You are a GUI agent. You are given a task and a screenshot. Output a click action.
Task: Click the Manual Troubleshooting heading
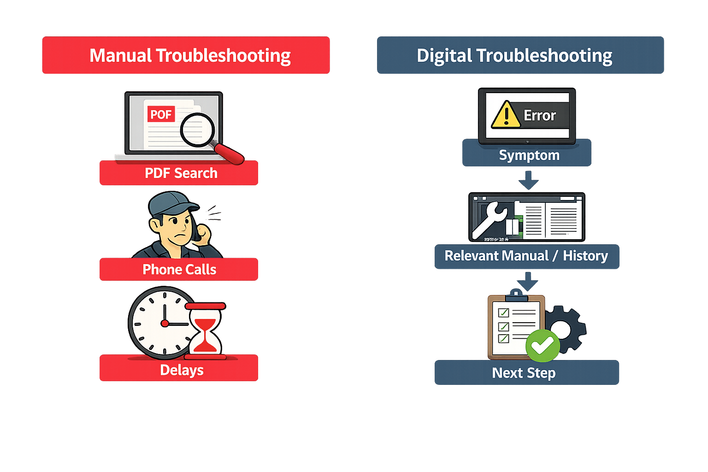tap(186, 55)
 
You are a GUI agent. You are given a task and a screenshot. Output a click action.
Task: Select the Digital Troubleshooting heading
tap(520, 55)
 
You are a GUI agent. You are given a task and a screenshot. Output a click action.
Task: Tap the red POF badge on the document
tap(161, 114)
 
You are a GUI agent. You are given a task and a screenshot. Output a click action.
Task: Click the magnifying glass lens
tap(197, 130)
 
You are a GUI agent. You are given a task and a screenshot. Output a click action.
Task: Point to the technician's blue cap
tap(171, 203)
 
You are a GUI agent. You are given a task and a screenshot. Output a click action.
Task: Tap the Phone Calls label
tap(179, 270)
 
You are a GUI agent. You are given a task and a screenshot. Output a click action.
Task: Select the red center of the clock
tap(165, 324)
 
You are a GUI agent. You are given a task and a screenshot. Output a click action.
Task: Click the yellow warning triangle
tap(506, 115)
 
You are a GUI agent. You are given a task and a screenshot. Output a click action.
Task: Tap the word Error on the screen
tap(540, 115)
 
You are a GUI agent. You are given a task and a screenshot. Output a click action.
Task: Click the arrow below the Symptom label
tap(528, 180)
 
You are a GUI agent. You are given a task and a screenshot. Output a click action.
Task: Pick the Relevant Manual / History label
tap(527, 256)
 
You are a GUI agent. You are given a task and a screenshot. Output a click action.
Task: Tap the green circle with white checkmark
tap(543, 345)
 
